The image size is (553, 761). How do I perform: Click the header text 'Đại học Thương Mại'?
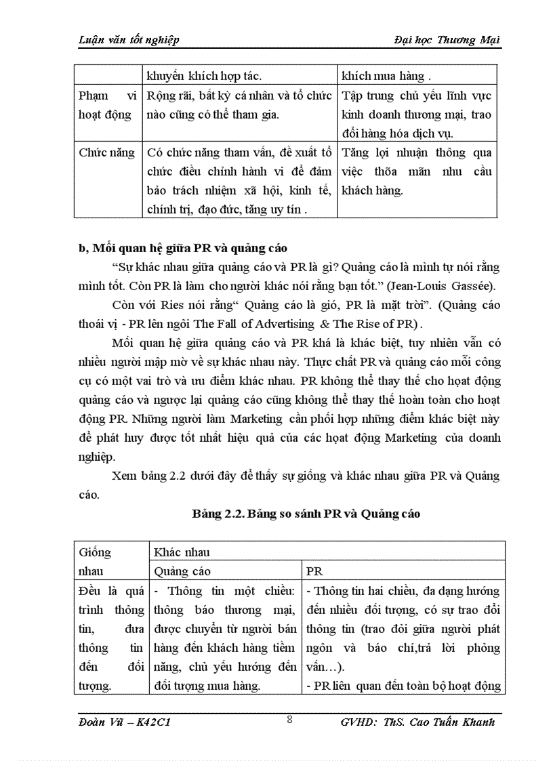447,40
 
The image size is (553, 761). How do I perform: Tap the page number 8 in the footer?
289,720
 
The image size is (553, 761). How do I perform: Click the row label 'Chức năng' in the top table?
106,153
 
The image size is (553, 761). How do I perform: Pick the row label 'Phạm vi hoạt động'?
106,105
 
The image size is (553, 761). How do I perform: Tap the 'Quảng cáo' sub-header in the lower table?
183,571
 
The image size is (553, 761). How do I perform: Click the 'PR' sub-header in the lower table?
315,571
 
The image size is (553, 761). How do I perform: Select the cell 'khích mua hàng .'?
386,77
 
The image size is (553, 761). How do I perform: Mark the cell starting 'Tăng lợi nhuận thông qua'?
417,153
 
